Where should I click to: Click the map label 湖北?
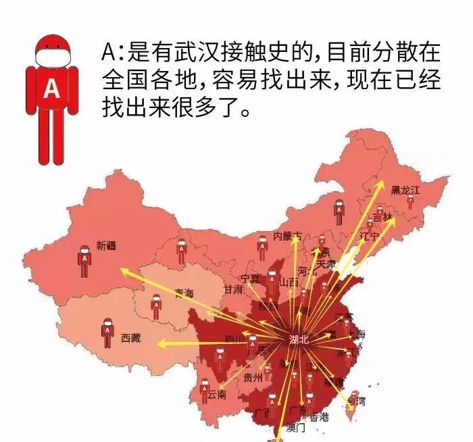[x=298, y=340]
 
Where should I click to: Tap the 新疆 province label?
[x=107, y=246]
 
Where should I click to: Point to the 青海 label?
[x=184, y=293]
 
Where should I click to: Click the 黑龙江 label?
[x=405, y=191]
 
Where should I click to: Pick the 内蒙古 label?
[x=287, y=236]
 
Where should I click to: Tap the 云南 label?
[x=217, y=394]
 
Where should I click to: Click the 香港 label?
[x=319, y=417]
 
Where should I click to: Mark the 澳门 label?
[x=296, y=428]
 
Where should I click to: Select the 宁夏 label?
[x=249, y=278]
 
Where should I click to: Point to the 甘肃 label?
[x=234, y=289]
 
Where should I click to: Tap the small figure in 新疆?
[x=84, y=261]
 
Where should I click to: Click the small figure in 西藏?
[x=107, y=333]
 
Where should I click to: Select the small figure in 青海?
[x=155, y=308]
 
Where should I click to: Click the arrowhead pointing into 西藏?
[x=161, y=344]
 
